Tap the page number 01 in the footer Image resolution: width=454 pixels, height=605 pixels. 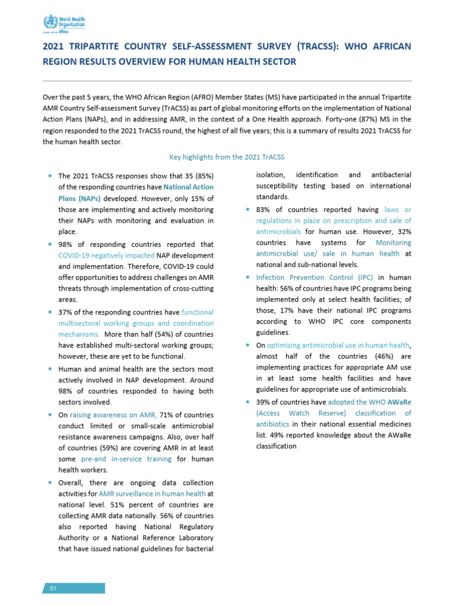coord(53,588)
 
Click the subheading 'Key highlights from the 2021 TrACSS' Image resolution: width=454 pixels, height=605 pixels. coord(227,157)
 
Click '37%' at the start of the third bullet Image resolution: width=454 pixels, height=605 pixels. coord(66,312)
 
